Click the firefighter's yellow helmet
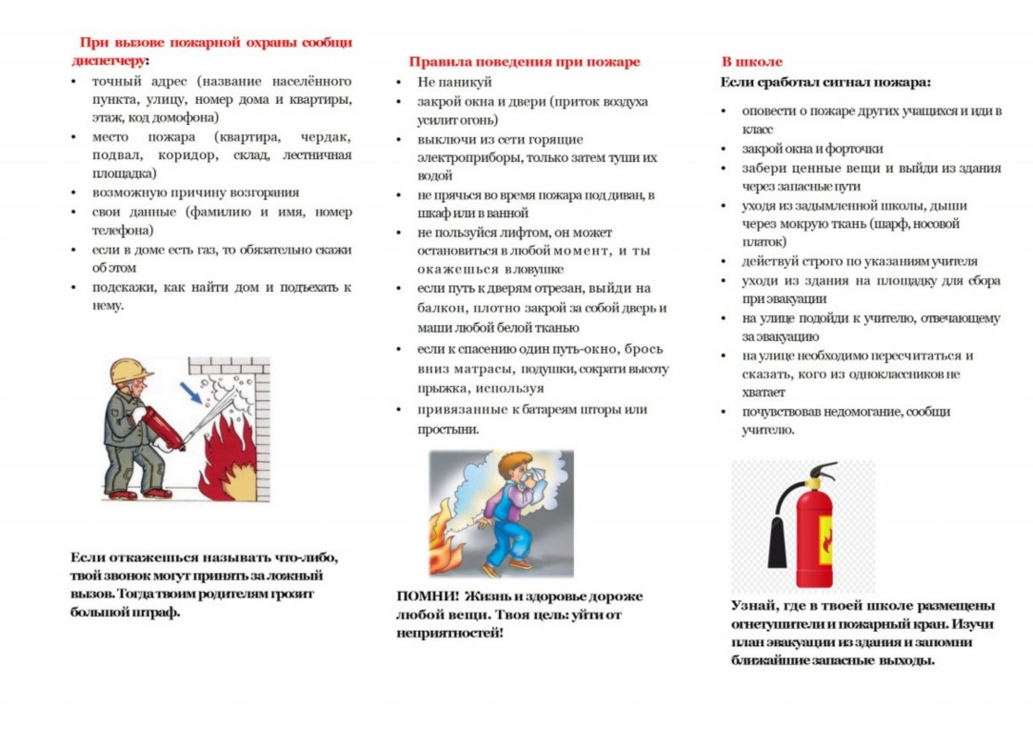click(x=130, y=371)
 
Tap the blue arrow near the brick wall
click(x=190, y=390)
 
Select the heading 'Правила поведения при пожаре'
click(x=525, y=62)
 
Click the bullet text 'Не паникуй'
click(x=454, y=82)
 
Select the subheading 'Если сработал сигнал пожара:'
click(x=825, y=82)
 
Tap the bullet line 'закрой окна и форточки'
click(x=812, y=149)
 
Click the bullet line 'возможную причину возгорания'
click(x=195, y=192)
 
